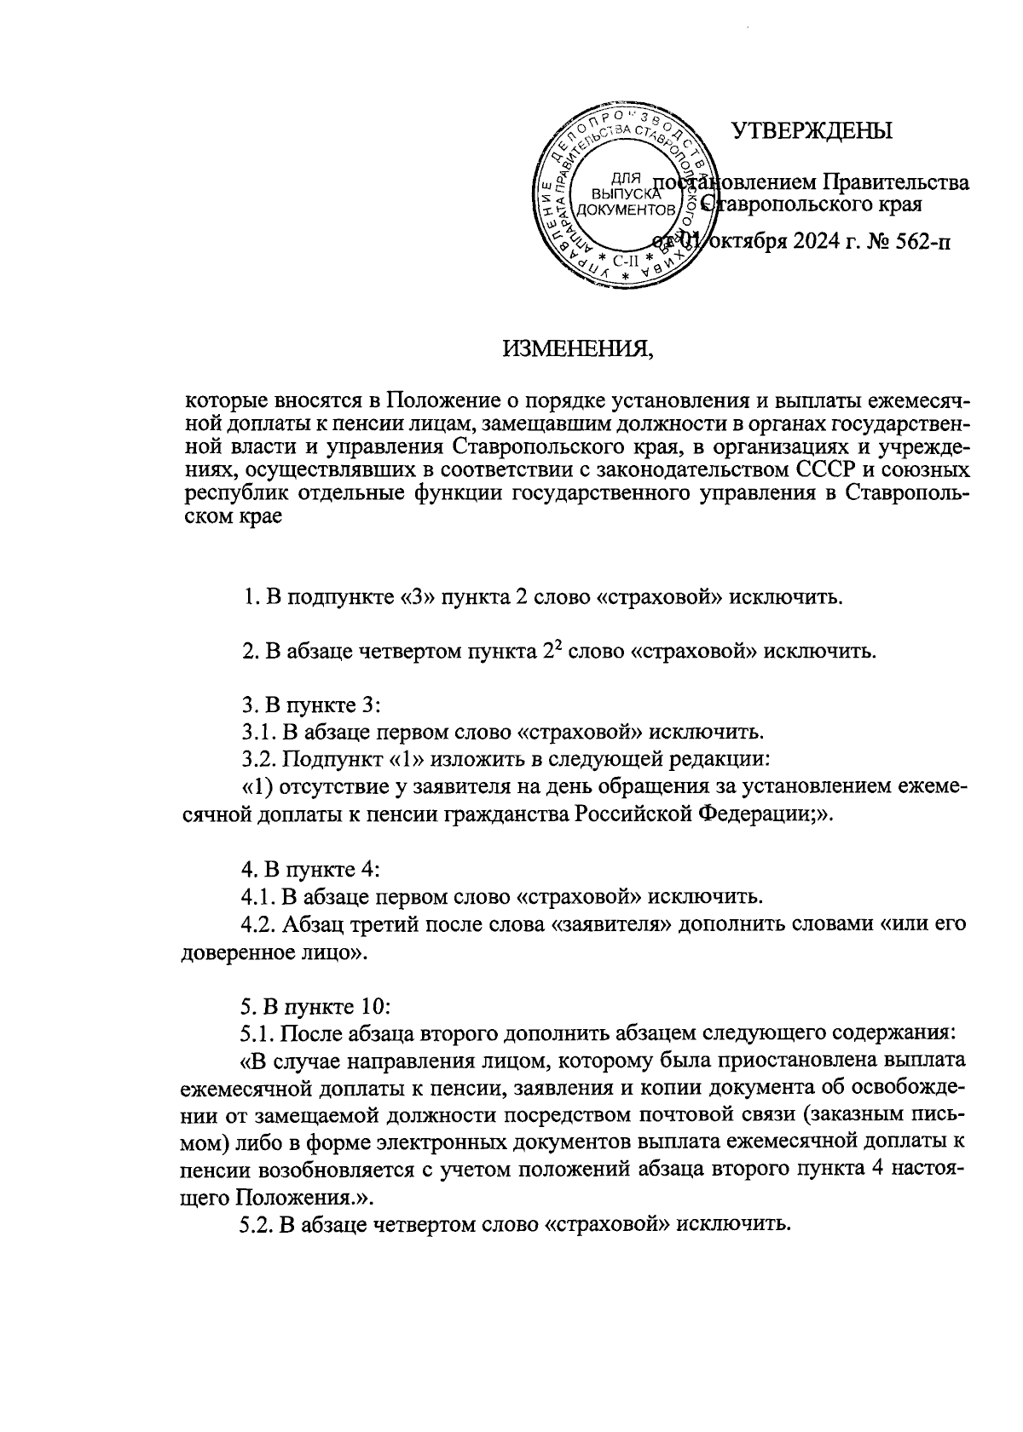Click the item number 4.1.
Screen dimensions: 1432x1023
click(x=258, y=896)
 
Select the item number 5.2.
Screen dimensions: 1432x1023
click(x=258, y=1224)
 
